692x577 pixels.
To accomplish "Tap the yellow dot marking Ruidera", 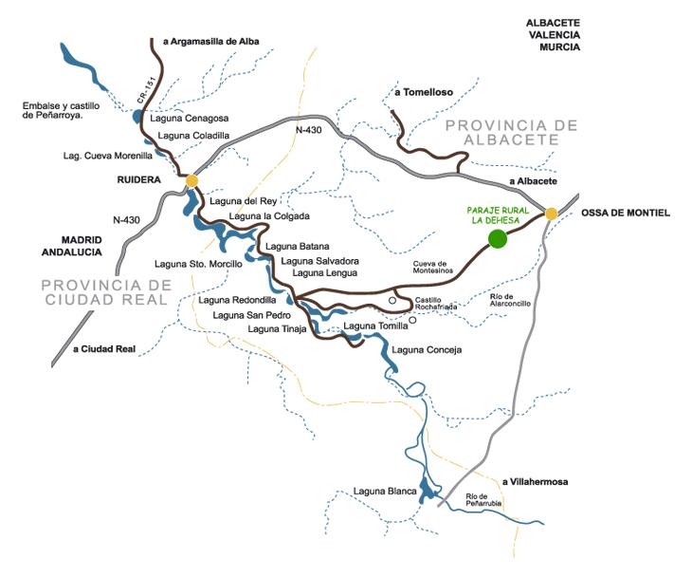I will pyautogui.click(x=192, y=180).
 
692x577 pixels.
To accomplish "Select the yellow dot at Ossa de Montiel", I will pyautogui.click(x=551, y=214).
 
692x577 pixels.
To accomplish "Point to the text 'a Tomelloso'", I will pyautogui.click(x=425, y=92).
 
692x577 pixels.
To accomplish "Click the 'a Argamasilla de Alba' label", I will pyautogui.click(x=210, y=41).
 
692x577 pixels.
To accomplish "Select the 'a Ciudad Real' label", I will pyautogui.click(x=104, y=349).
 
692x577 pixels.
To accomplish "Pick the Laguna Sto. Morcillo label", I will pyautogui.click(x=198, y=263).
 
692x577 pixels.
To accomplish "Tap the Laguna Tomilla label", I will pyautogui.click(x=374, y=326).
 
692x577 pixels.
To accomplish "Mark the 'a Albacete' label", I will pyautogui.click(x=533, y=181).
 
